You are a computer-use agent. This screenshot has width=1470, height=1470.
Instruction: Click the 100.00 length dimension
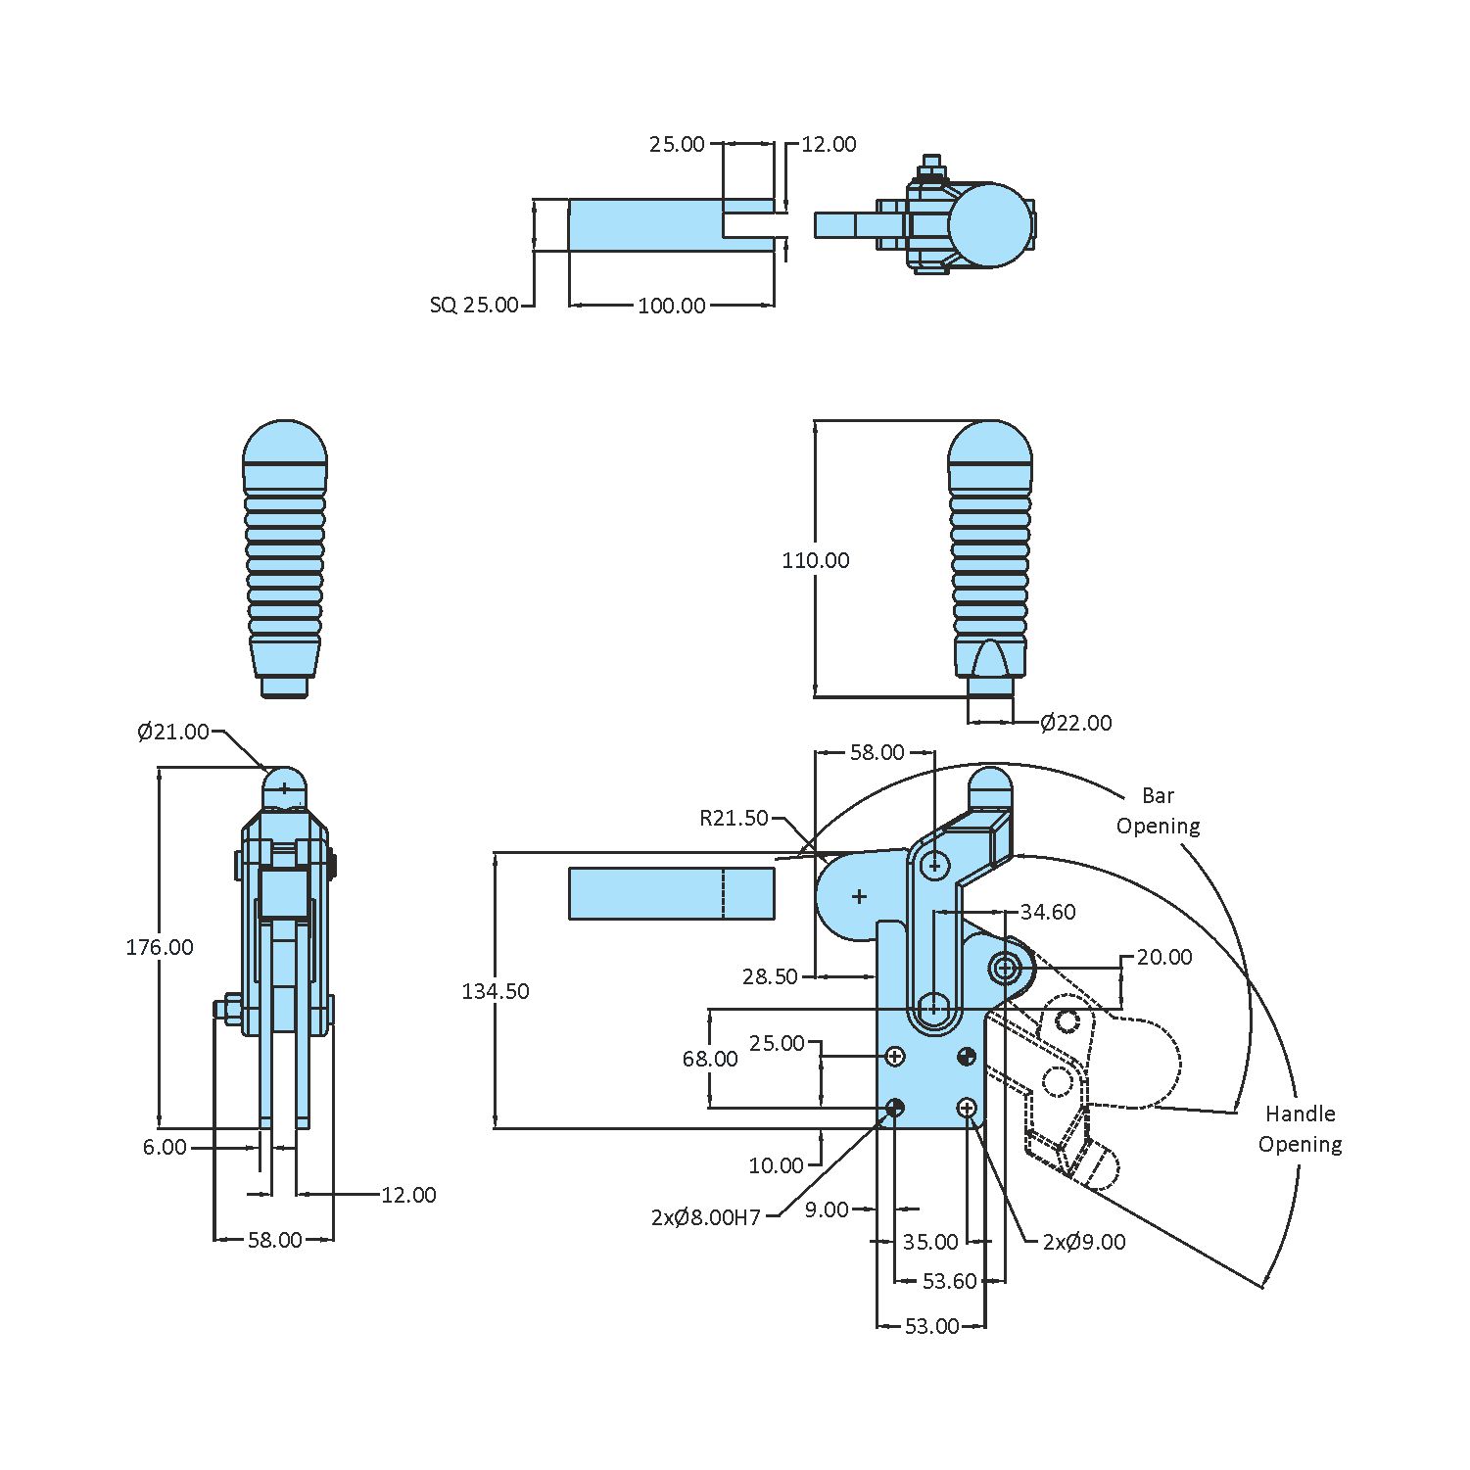(x=671, y=306)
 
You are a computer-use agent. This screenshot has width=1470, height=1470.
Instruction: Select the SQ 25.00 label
(x=474, y=305)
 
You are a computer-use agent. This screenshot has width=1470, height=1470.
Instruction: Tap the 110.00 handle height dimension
(x=815, y=560)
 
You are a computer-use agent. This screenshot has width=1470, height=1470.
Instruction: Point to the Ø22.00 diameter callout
(x=1075, y=723)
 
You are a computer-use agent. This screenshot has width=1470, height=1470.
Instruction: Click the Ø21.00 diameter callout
(x=173, y=732)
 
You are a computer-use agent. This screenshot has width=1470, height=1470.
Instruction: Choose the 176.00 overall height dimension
(x=159, y=947)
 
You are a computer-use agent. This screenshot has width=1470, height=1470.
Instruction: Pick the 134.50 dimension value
(x=496, y=991)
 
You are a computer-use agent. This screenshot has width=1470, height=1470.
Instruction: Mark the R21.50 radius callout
(x=734, y=818)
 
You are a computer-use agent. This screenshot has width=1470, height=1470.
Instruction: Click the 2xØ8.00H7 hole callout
(x=705, y=1217)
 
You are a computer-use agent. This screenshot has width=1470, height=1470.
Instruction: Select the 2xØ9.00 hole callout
(x=1083, y=1242)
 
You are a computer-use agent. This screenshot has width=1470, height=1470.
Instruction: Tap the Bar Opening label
(x=1158, y=811)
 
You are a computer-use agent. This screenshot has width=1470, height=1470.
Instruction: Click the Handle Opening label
(x=1300, y=1128)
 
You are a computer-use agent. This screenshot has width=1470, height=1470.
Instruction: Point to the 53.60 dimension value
(x=949, y=1281)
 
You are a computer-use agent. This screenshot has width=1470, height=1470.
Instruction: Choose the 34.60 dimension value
(x=1047, y=912)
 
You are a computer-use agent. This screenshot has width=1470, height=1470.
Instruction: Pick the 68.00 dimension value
(x=710, y=1059)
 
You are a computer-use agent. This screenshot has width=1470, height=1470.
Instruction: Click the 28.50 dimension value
(x=770, y=976)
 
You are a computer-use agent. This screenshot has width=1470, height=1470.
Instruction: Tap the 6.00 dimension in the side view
(x=165, y=1147)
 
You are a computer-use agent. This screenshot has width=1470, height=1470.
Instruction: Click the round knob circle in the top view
(x=990, y=225)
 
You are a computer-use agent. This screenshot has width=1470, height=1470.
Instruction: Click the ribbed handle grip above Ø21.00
(x=284, y=558)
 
